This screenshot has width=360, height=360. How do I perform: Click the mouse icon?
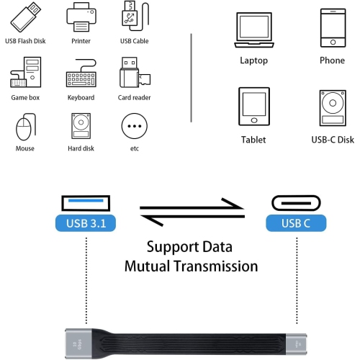(24, 127)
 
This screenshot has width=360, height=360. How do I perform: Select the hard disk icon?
(81, 127)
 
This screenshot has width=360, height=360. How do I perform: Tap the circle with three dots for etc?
(134, 127)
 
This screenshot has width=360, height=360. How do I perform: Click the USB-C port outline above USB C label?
(296, 201)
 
